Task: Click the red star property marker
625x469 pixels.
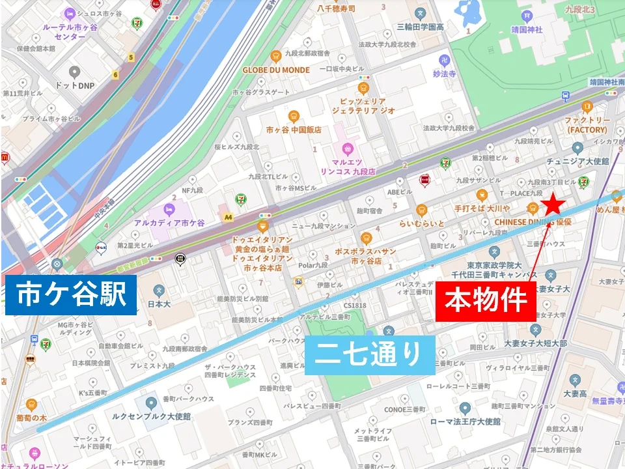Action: click(553, 205)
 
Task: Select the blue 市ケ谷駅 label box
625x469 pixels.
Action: click(71, 295)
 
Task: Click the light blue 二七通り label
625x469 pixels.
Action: click(369, 354)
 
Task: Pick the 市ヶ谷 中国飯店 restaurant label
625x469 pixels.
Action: click(294, 130)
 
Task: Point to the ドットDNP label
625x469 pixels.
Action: click(74, 85)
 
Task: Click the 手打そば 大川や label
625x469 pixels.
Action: click(482, 208)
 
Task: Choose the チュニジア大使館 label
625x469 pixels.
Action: click(577, 161)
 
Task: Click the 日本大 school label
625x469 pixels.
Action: click(159, 303)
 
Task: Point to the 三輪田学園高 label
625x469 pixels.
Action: click(421, 27)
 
